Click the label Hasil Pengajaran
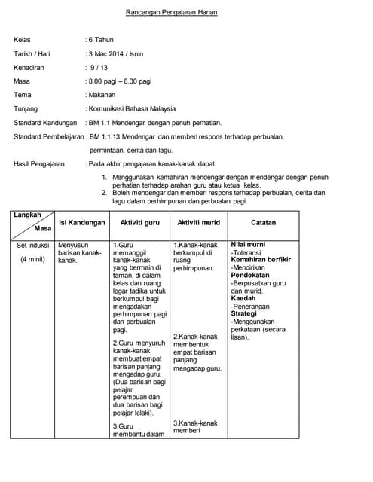point(39,163)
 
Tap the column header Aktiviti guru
point(140,223)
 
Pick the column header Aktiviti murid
point(197,223)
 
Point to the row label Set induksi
point(32,245)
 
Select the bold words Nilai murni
point(248,245)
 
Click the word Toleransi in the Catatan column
point(249,252)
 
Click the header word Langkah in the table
point(27,215)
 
